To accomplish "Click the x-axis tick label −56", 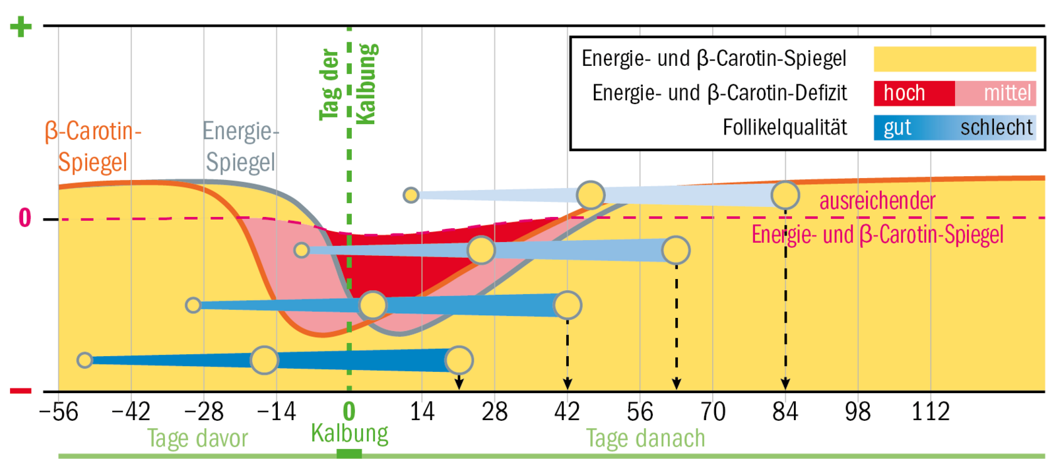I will click(59, 412).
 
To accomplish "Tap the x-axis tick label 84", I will click(785, 412).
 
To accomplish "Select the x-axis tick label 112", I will click(930, 412).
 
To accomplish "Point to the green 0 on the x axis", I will click(349, 412).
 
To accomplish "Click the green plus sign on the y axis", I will click(20, 26).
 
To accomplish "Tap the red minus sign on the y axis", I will click(20, 391).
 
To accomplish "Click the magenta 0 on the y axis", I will click(24, 218).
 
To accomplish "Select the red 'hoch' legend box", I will click(913, 93).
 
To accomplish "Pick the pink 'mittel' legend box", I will click(996, 93).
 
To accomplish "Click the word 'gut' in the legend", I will click(897, 127).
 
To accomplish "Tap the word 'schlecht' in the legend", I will click(996, 127).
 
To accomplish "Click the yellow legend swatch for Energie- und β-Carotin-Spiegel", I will click(954, 59).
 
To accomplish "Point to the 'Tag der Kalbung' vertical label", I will click(348, 84).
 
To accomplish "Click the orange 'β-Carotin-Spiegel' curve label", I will click(93, 146).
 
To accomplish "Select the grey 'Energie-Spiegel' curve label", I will click(240, 146).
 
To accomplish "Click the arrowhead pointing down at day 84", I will click(785, 384).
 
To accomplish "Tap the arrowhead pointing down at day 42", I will click(568, 384).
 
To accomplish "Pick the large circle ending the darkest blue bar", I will click(459, 360).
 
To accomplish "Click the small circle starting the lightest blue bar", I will click(411, 195).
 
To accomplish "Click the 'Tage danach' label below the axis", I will click(645, 439).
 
